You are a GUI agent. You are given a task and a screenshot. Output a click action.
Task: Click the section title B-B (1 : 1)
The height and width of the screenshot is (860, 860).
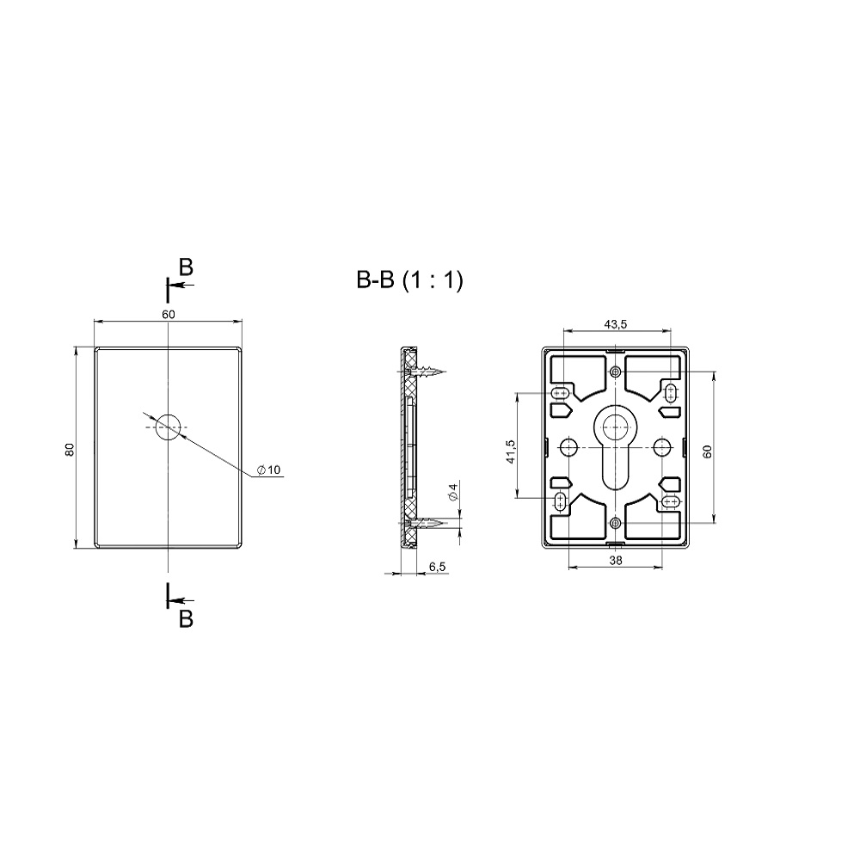(x=409, y=280)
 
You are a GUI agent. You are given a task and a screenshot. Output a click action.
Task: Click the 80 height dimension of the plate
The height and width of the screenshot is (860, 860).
(x=70, y=449)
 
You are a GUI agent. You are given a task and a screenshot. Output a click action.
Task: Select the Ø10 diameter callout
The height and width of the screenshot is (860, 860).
(x=268, y=470)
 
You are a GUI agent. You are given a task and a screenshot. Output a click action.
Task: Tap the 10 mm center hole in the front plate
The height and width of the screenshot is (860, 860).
(x=168, y=427)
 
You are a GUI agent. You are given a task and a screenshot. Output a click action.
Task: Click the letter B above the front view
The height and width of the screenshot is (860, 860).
(x=186, y=267)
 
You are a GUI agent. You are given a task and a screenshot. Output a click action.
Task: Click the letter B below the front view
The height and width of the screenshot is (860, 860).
(x=186, y=618)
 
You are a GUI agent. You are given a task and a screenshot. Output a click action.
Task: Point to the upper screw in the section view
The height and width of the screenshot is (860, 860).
(x=430, y=372)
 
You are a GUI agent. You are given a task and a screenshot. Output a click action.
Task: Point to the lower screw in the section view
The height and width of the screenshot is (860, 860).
(x=430, y=523)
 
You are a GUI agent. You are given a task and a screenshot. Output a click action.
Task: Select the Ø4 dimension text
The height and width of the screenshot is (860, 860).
(x=453, y=491)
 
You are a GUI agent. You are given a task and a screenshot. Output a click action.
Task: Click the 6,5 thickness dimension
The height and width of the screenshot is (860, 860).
(x=437, y=567)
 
